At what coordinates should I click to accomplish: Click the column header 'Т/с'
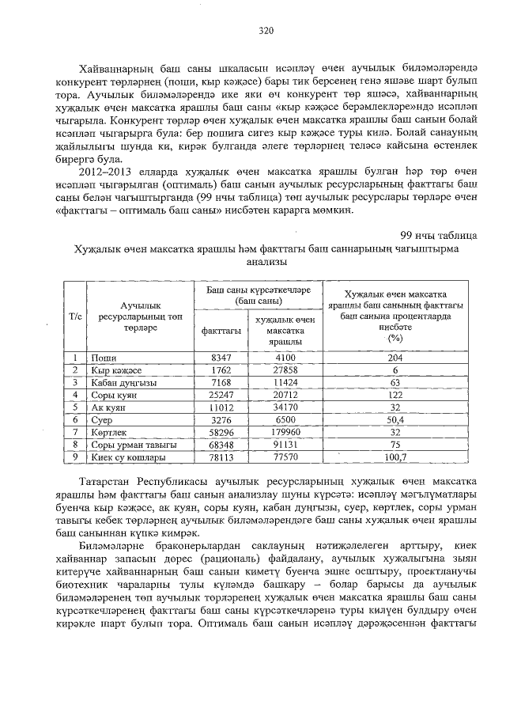(x=75, y=316)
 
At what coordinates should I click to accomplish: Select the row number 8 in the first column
(x=74, y=445)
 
